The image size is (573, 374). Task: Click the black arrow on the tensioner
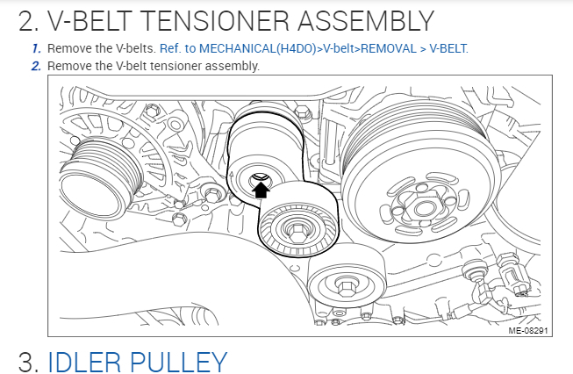pyautogui.click(x=259, y=186)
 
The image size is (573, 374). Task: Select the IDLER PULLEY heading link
pyautogui.click(x=137, y=360)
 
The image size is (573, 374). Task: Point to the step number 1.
pyautogui.click(x=36, y=47)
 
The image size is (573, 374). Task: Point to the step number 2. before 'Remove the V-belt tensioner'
pyautogui.click(x=36, y=66)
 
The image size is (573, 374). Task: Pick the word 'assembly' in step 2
pyautogui.click(x=233, y=66)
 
